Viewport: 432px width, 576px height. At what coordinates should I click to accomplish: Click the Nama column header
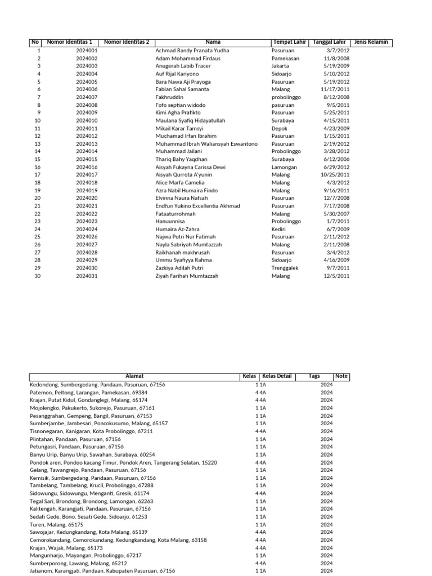click(213, 42)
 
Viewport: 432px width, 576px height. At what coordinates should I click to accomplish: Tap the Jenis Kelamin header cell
click(371, 42)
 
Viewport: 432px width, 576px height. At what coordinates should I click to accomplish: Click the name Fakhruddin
click(169, 97)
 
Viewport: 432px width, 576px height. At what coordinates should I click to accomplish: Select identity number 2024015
click(87, 160)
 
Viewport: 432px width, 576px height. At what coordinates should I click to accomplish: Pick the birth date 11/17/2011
click(335, 89)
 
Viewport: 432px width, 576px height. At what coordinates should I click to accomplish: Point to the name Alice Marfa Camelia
click(179, 183)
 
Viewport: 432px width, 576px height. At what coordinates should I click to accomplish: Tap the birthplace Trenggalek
click(285, 268)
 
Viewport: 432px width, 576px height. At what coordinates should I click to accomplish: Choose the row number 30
click(38, 276)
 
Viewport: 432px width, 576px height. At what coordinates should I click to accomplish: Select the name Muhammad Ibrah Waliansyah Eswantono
click(206, 144)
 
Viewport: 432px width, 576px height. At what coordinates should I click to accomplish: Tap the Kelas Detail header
click(277, 376)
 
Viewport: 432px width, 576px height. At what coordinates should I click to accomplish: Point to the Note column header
click(341, 376)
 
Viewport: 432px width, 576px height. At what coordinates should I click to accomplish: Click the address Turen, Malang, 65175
click(56, 524)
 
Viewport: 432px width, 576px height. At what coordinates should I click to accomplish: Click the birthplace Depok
click(279, 128)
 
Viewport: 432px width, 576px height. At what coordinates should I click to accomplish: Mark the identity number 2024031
click(87, 276)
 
